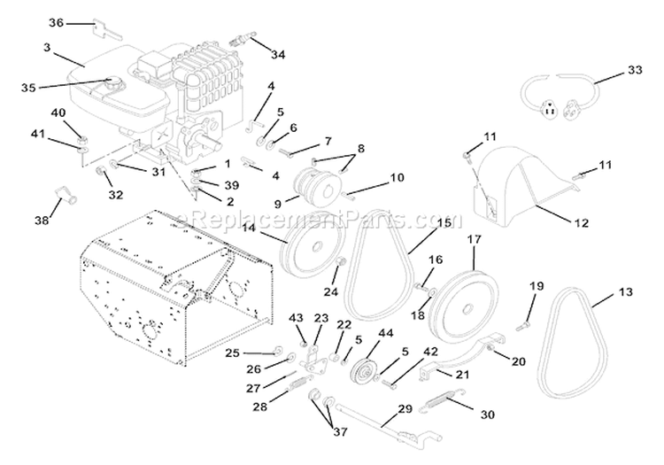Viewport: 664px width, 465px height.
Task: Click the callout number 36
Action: pyautogui.click(x=56, y=21)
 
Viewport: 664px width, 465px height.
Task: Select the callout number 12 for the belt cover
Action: pyautogui.click(x=579, y=223)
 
